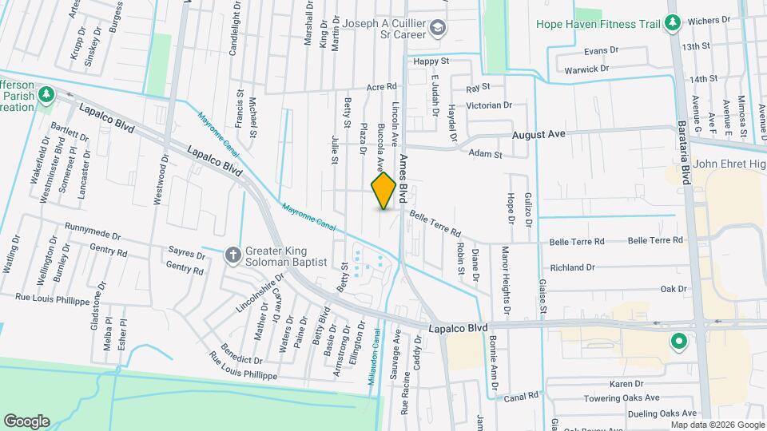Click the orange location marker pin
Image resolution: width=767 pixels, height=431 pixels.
384,191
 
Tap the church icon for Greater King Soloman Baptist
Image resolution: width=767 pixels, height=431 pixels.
232,255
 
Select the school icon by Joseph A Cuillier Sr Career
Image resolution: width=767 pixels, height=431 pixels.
438,29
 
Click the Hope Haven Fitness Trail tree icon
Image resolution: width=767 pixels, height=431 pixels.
673,22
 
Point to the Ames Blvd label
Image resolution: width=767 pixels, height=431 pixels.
403,178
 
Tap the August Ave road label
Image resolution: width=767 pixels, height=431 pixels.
538,135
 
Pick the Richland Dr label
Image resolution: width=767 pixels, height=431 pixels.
573,267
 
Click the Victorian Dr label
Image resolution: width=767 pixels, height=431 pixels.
489,105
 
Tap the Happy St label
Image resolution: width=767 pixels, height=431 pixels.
431,61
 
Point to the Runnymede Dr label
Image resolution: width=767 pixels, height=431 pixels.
93,231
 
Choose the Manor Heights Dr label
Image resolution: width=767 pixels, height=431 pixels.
505,279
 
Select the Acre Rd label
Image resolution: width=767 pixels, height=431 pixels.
381,86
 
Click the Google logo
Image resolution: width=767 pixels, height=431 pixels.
26,421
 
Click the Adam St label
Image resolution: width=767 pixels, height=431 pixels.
484,153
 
